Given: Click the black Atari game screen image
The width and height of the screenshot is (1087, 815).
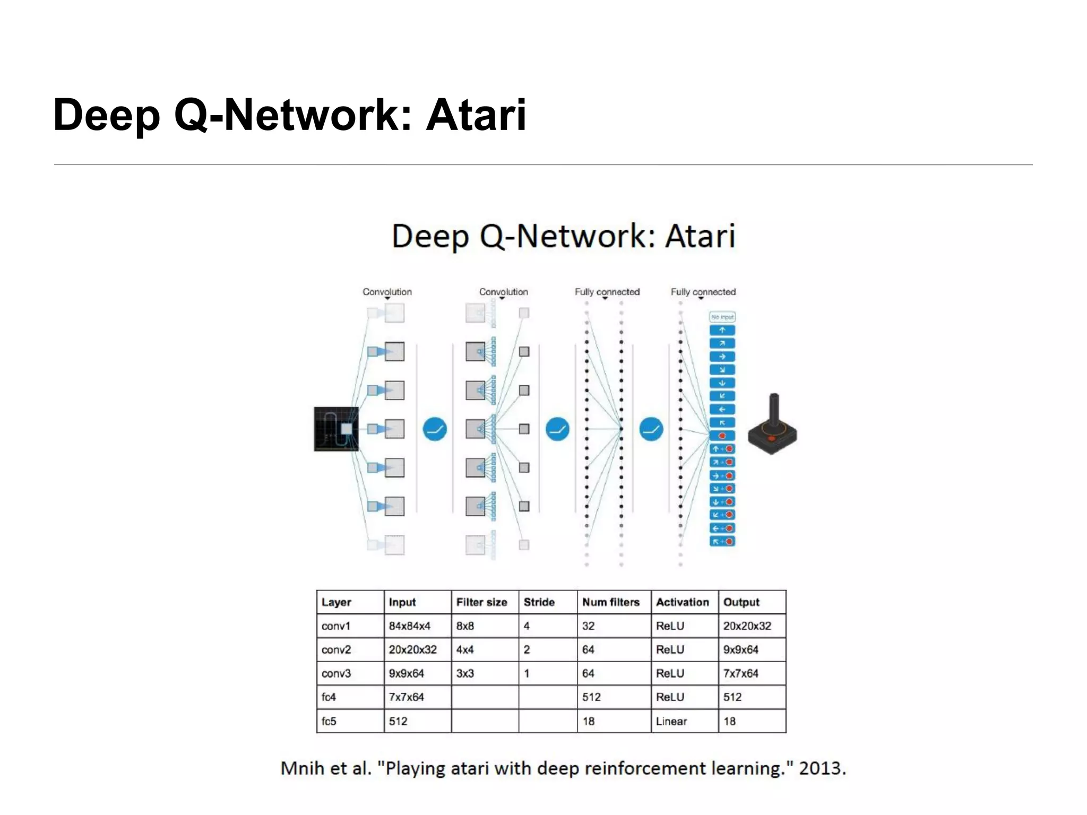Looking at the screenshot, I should point(335,429).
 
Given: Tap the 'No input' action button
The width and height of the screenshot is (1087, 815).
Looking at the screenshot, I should point(722,317).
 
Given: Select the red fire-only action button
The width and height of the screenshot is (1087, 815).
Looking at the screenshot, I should point(722,436).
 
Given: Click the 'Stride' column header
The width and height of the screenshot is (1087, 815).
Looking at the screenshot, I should point(539,602).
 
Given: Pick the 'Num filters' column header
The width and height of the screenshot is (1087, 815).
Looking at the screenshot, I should point(610,602).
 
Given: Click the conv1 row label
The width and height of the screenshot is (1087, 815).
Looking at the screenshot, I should point(336,626).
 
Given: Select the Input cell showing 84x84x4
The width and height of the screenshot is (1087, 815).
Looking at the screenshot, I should point(409,626).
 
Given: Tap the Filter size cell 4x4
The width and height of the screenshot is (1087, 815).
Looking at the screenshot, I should point(465,650).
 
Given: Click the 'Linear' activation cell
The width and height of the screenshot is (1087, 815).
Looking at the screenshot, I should point(671,722).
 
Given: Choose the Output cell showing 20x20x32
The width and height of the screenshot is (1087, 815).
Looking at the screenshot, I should point(747,626).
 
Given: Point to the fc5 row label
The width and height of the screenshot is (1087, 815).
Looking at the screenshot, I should point(329,722).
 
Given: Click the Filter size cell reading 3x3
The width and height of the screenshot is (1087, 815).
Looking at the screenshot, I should point(465,674).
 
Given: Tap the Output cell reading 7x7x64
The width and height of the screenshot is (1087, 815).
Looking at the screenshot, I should point(740,674).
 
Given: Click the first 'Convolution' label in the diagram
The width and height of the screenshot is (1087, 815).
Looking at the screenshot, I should point(387,292).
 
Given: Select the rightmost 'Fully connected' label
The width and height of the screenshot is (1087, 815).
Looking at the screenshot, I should point(703,292).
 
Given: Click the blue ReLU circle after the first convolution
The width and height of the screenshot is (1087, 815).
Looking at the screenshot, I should point(435,429).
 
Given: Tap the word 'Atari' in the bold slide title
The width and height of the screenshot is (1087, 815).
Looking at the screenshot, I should point(476,115).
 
